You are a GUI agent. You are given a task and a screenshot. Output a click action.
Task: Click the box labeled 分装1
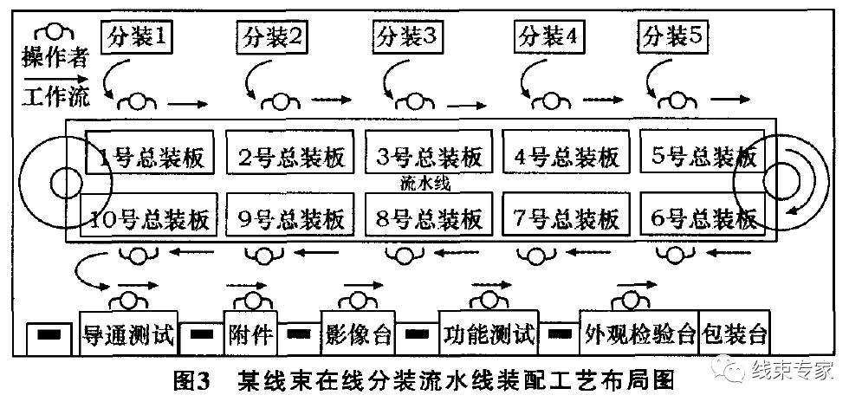(138, 37)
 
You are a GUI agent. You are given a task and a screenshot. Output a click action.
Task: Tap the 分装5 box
(675, 37)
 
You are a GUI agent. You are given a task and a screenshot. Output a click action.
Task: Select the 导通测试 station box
(128, 334)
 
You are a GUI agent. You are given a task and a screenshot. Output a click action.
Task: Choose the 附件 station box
(250, 334)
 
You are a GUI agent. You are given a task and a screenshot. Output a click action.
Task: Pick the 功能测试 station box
(488, 334)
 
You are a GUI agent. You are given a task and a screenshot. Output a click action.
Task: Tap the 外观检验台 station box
(639, 334)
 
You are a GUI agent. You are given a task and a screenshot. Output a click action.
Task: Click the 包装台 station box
(735, 334)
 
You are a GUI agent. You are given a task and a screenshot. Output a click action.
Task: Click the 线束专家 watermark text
(792, 371)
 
